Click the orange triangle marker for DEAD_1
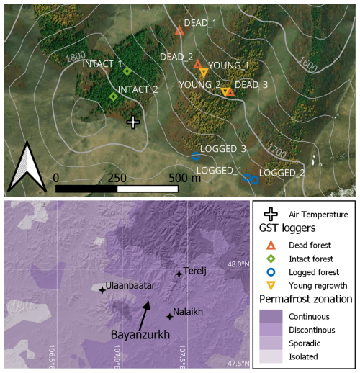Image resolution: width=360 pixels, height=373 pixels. [x=179, y=30]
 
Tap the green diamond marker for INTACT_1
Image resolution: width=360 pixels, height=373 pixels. [x=127, y=71]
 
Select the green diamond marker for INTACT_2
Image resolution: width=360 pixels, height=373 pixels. [x=113, y=96]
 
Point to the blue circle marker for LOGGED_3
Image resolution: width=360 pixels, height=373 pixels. [x=196, y=156]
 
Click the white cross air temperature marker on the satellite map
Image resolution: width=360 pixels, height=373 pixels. [x=132, y=122]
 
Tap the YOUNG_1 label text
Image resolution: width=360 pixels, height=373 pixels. [x=232, y=66]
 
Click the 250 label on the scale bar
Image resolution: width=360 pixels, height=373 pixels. [x=117, y=177]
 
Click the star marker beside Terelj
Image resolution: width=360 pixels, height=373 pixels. [x=179, y=274]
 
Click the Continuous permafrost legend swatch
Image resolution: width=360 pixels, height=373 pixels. [x=271, y=316]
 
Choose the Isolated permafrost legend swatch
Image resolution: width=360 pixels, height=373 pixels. [x=271, y=356]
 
